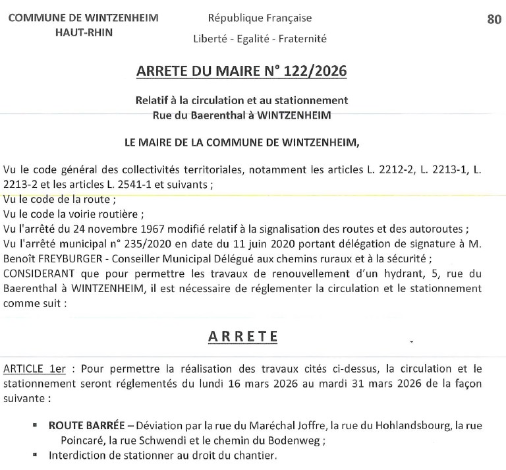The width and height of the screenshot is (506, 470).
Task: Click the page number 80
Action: (494, 19)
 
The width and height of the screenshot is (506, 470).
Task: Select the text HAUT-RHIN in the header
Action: (83, 32)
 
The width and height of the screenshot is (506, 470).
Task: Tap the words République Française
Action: (260, 18)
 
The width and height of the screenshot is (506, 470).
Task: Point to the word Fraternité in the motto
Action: (301, 38)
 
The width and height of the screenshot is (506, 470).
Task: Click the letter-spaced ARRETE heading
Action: (242, 336)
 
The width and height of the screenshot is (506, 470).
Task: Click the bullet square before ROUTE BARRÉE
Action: (35, 426)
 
